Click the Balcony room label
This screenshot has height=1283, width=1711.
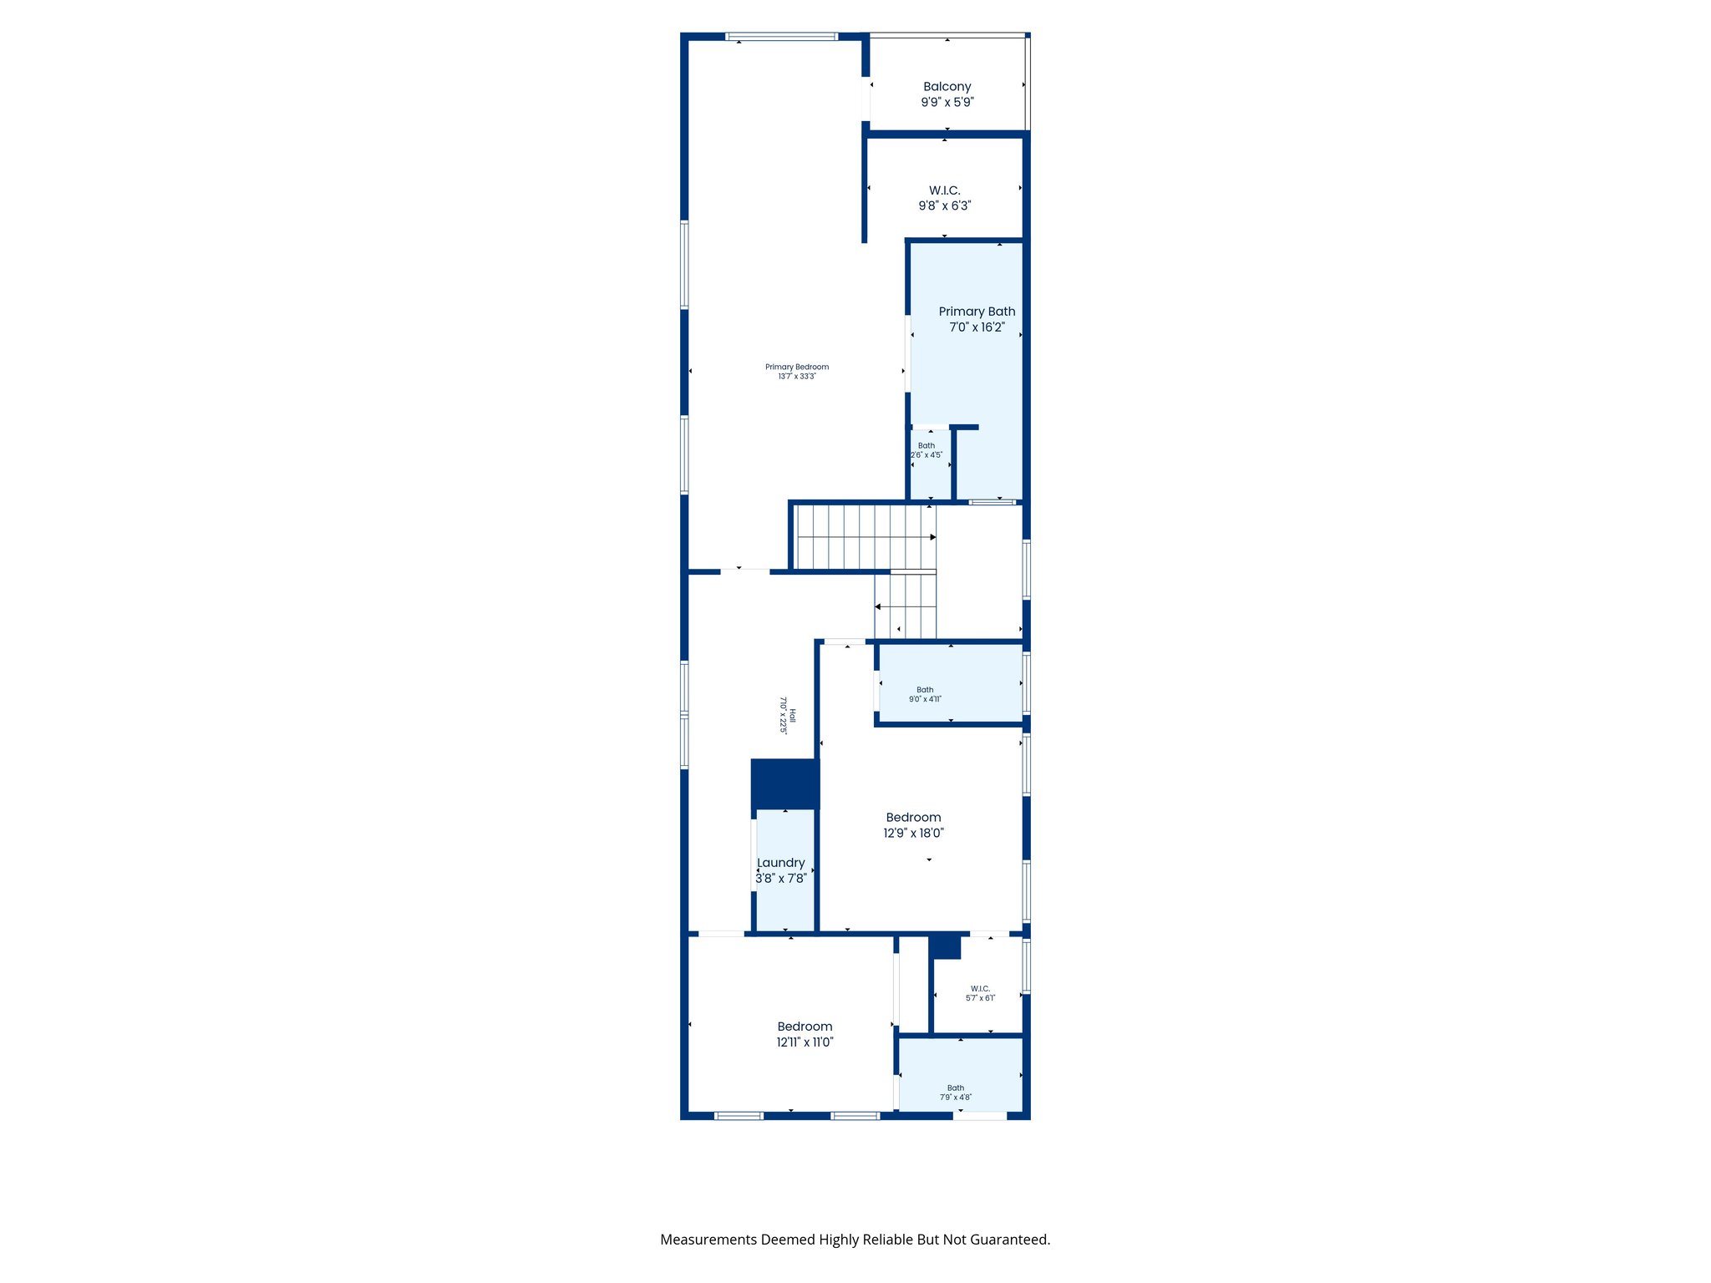[947, 87]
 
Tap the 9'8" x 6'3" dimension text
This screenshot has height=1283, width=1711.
[944, 205]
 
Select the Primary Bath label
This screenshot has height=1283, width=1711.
[977, 312]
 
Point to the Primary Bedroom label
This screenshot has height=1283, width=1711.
[797, 367]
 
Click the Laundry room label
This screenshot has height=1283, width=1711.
[780, 863]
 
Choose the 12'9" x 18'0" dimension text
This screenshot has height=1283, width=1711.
[913, 833]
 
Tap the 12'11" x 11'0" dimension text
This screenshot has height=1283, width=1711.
[805, 1042]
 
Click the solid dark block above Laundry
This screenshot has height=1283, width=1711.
[784, 783]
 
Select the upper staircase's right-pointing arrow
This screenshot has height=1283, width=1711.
[932, 537]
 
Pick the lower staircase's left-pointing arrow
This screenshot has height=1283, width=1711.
[878, 606]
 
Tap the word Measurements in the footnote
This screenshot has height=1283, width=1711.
[708, 1240]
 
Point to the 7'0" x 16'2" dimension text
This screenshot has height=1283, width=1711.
[977, 327]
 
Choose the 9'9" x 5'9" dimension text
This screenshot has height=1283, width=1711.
[947, 102]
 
